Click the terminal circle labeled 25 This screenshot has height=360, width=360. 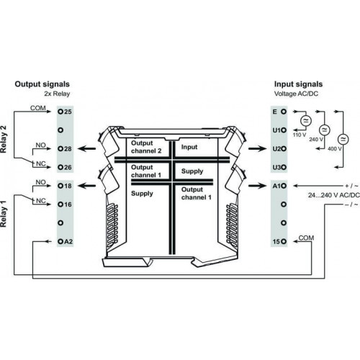[x=60, y=112]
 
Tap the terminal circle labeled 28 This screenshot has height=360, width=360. [x=60, y=149]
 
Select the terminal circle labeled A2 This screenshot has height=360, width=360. [x=60, y=241]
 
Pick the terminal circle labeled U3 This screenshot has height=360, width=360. [x=284, y=167]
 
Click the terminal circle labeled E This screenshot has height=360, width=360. [x=284, y=112]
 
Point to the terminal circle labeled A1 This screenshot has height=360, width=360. [x=284, y=186]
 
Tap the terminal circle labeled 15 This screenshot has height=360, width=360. [x=284, y=241]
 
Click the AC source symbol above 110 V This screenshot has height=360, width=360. [x=306, y=121]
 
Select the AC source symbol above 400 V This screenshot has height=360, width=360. [x=343, y=139]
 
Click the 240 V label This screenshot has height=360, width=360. [x=316, y=140]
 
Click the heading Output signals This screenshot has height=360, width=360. [x=42, y=84]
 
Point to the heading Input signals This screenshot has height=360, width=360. [x=298, y=84]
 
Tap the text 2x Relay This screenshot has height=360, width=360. [x=57, y=94]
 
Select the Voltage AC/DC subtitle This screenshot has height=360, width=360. [x=296, y=94]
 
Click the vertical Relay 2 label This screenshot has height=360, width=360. [x=4, y=139]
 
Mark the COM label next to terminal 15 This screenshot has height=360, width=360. [x=306, y=238]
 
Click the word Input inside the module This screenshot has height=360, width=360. [x=189, y=147]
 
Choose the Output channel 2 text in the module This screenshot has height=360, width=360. [x=146, y=147]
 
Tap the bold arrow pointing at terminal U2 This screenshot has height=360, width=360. [x=258, y=149]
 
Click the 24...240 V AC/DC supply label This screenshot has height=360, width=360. [x=334, y=195]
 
